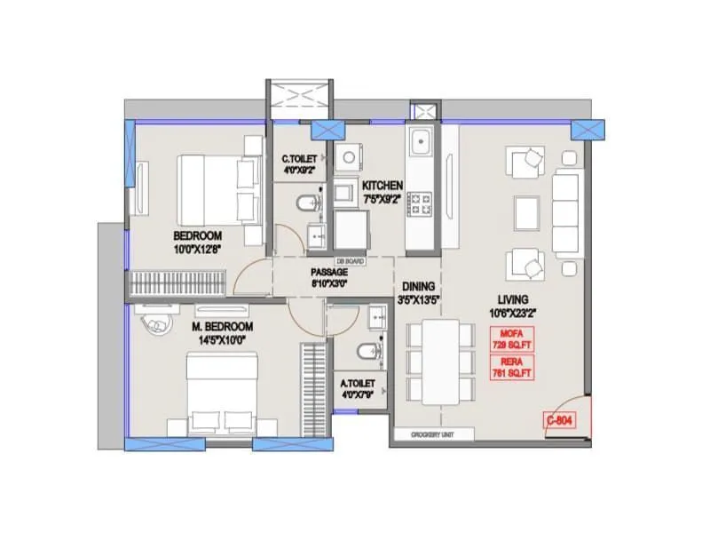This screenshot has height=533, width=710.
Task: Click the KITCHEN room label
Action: point(383,185)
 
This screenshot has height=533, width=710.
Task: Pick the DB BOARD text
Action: point(351,261)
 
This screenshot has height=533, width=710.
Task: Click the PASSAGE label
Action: point(328,272)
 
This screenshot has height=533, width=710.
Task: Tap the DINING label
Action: point(418,286)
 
